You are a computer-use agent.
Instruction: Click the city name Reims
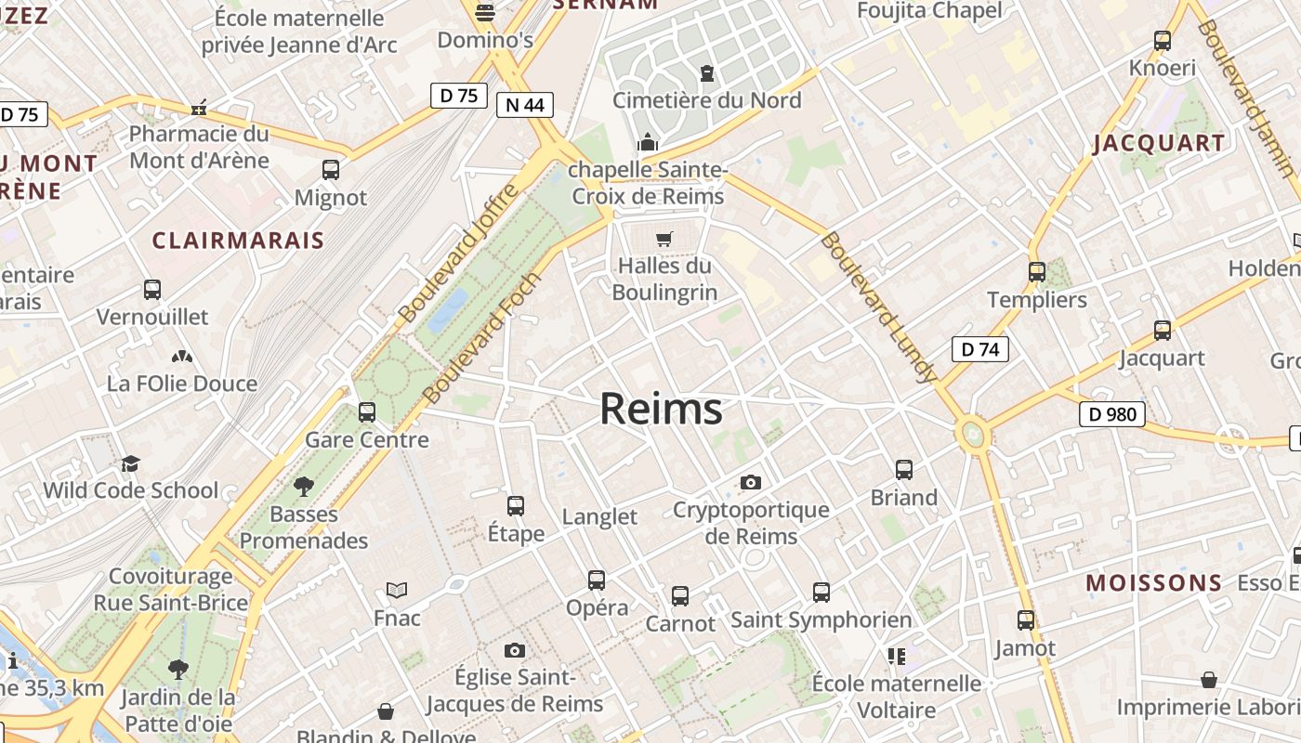[661, 409]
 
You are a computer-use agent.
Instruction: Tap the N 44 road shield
[524, 105]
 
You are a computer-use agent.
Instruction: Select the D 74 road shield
[979, 349]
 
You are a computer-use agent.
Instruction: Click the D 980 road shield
[1111, 414]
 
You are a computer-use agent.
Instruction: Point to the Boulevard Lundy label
[875, 306]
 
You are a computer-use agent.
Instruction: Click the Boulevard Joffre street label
[457, 253]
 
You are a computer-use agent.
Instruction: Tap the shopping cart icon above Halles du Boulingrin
[664, 240]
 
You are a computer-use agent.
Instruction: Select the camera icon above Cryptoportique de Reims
[751, 482]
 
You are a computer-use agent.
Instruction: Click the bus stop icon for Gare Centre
[367, 411]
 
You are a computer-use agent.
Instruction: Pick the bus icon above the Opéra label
[597, 580]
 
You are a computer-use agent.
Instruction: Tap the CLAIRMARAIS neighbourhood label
[238, 241]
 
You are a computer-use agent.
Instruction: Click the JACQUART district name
[1159, 143]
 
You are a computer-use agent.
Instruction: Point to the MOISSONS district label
[1154, 583]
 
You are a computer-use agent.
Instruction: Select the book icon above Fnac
[397, 590]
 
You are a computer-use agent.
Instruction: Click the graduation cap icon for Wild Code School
[130, 463]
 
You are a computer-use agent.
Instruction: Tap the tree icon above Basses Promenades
[303, 486]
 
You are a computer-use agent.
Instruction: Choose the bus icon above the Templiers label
[1037, 272]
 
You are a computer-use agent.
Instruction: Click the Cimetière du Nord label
[706, 99]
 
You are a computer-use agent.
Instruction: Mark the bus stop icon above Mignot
[331, 170]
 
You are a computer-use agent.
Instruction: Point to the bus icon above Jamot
[1026, 619]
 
